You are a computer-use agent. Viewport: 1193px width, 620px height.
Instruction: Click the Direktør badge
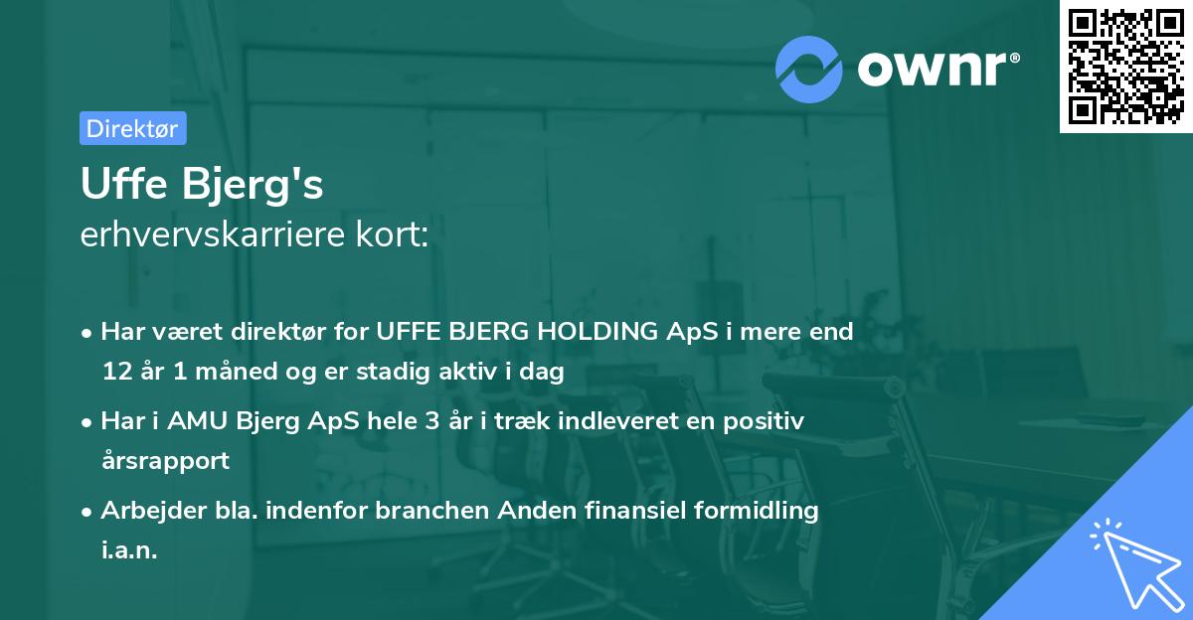tap(132, 128)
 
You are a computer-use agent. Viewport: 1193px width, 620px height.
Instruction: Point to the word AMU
tap(197, 421)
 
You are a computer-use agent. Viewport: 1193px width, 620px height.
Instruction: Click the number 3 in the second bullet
tap(430, 421)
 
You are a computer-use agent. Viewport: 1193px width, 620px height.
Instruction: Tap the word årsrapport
tap(165, 461)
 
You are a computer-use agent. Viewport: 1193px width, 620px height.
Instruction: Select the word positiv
tap(765, 421)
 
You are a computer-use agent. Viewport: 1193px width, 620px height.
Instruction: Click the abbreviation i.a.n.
tap(129, 550)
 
